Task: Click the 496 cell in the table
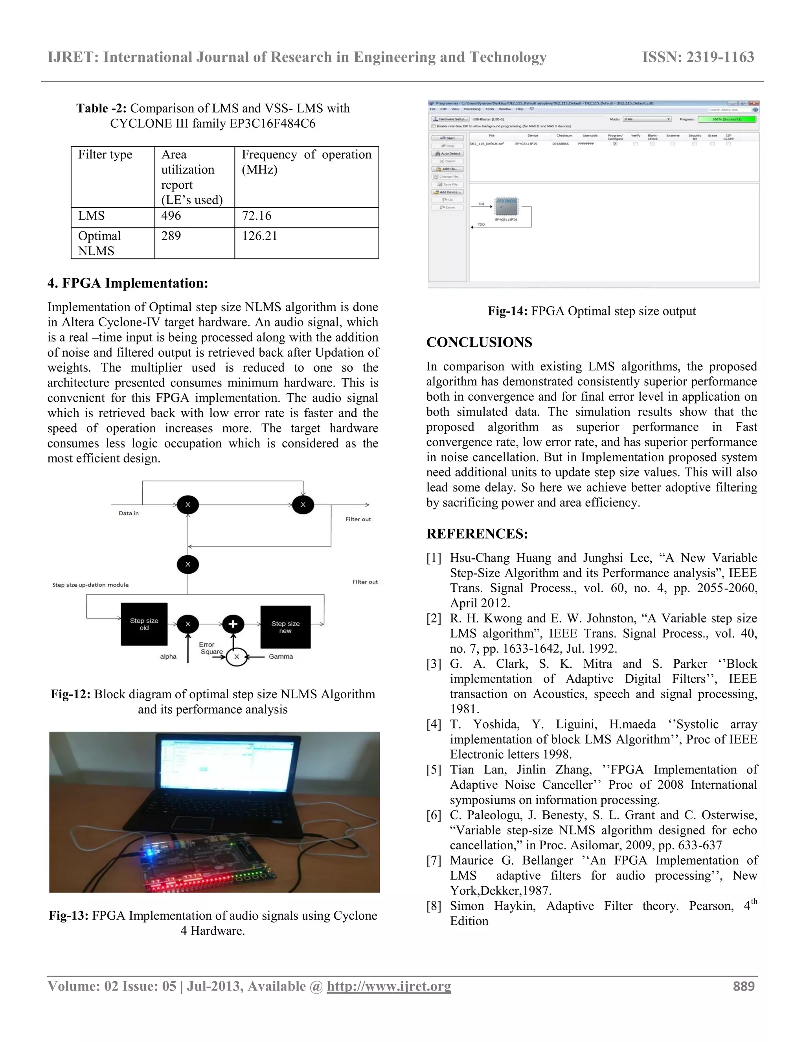pos(171,215)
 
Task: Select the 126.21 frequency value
pos(259,236)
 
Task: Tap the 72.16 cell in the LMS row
pos(257,215)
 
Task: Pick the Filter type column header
pos(105,155)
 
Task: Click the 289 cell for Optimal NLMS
pos(171,236)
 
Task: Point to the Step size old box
pos(144,624)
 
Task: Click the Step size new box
pos(285,627)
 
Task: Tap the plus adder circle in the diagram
pos(233,624)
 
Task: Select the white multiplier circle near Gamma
pos(237,657)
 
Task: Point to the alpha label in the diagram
pos(168,657)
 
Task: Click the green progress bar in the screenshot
pos(726,119)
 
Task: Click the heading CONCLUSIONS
pos(479,342)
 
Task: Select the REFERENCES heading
pos(477,534)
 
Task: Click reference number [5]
pos(434,770)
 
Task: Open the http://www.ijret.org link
pos(389,986)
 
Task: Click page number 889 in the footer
pos(743,986)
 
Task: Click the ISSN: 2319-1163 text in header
pos(698,57)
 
